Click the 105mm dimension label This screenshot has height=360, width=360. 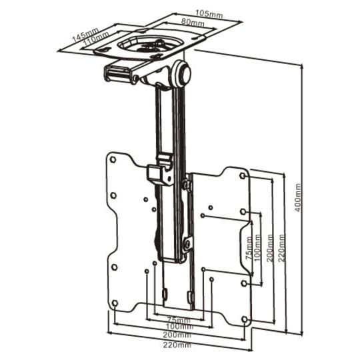point(209,14)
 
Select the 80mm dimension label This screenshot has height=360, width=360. point(193,23)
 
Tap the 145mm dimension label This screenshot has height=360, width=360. point(85,35)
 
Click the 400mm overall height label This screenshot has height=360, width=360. point(297,197)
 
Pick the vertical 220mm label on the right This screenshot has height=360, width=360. point(281,248)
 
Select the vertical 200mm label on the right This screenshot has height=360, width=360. point(270,248)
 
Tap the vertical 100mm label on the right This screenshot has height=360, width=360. point(257,247)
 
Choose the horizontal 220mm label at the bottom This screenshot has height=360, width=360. point(177,345)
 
